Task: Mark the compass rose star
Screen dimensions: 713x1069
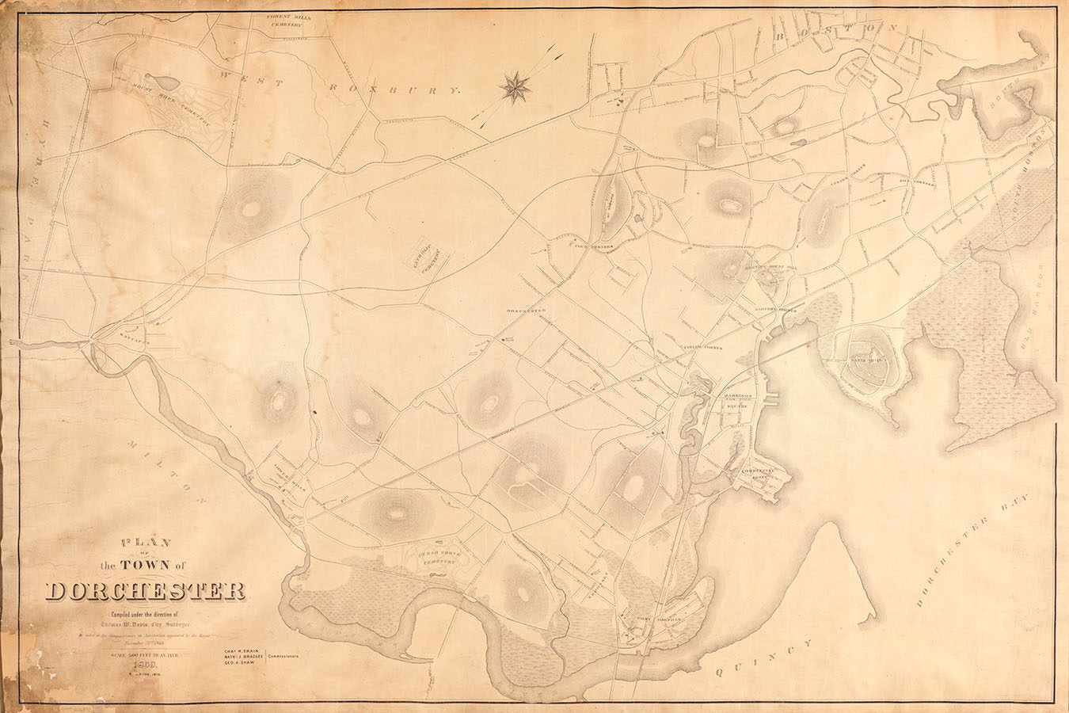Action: pyautogui.click(x=516, y=86)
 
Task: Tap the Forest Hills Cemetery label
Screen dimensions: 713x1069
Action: pyautogui.click(x=281, y=20)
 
